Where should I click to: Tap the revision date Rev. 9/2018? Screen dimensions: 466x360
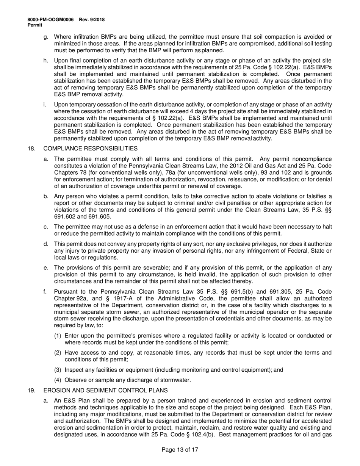(x=92, y=20)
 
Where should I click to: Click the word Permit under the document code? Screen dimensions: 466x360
(x=35, y=25)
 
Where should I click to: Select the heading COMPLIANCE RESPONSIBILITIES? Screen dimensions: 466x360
(x=91, y=149)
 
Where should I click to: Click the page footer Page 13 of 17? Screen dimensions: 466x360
(x=180, y=450)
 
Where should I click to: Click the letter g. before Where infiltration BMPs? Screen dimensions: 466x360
(x=46, y=37)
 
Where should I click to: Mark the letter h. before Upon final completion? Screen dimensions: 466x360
(x=46, y=61)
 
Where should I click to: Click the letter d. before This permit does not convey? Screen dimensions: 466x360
(x=46, y=244)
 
